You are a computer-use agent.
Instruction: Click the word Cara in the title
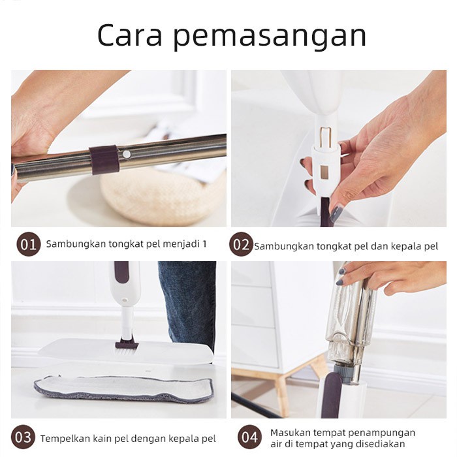(x=129, y=35)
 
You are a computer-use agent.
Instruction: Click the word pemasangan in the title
(x=270, y=37)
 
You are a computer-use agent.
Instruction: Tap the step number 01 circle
(x=29, y=244)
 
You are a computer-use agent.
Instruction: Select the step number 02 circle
(x=241, y=244)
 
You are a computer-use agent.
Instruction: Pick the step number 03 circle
(x=23, y=437)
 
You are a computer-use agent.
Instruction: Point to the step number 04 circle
(x=249, y=437)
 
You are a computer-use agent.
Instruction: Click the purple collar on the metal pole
(x=104, y=160)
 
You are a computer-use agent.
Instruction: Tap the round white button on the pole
(x=126, y=154)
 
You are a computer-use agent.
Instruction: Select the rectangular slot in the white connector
(x=324, y=172)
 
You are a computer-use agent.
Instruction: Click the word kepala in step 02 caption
(x=408, y=247)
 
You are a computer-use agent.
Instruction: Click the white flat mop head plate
(x=125, y=351)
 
